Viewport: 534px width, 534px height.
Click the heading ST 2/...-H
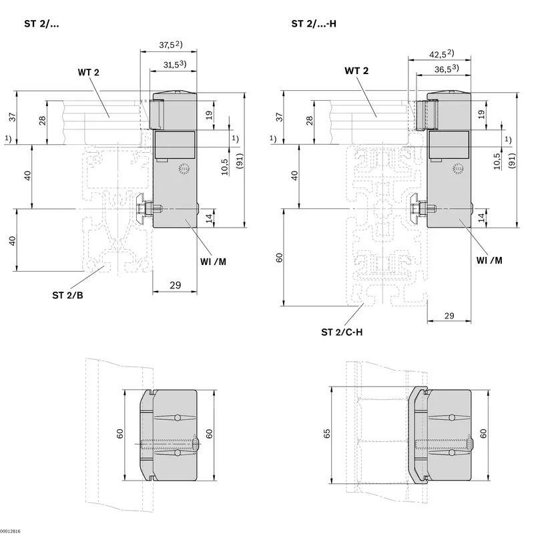click(x=314, y=24)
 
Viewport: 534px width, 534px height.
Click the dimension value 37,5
click(x=166, y=45)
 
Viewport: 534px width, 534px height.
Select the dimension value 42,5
click(x=438, y=55)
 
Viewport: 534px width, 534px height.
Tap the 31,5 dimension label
click(x=171, y=65)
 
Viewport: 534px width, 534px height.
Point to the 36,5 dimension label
click(x=443, y=69)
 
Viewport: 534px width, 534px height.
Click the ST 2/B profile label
click(x=67, y=295)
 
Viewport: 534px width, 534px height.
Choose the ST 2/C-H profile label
click(x=342, y=332)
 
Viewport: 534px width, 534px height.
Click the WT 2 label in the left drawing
click(x=88, y=73)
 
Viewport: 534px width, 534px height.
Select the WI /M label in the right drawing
click(x=489, y=260)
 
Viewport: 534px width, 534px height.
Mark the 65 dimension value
click(x=326, y=433)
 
